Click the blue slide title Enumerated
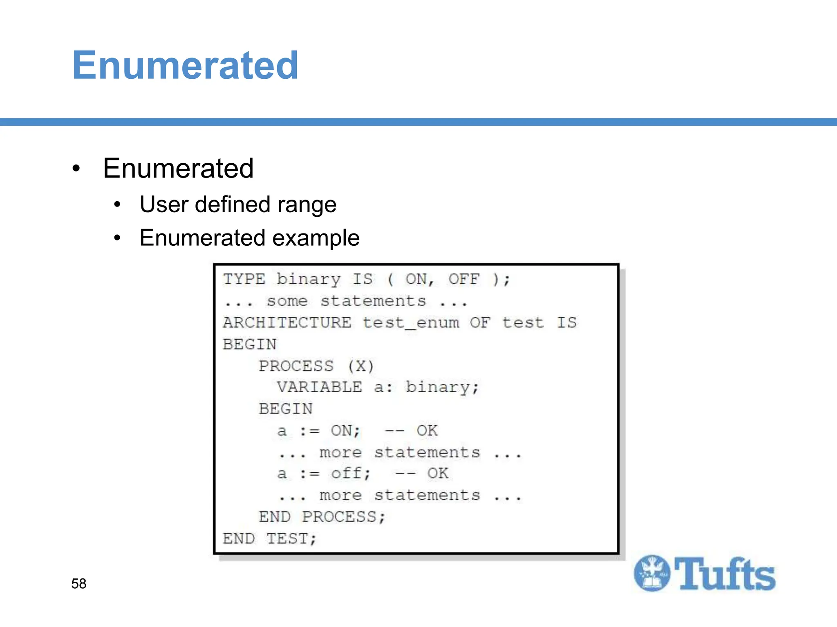point(185,65)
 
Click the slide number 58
point(79,583)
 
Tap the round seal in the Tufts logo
point(652,573)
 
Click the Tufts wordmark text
point(725,574)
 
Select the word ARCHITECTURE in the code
point(287,322)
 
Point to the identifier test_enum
point(411,323)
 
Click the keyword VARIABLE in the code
point(319,387)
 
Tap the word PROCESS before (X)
point(296,366)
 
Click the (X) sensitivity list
point(360,366)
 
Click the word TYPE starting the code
point(244,279)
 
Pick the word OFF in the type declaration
point(464,279)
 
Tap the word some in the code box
point(287,301)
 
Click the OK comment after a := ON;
point(427,430)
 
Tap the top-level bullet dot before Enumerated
point(76,169)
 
